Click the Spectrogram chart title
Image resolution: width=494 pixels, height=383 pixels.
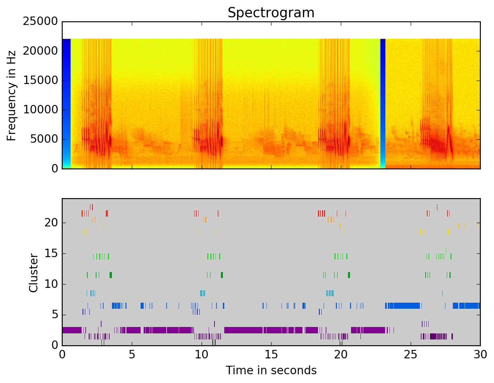coord(271,13)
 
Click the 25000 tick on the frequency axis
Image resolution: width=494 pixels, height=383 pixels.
coord(40,22)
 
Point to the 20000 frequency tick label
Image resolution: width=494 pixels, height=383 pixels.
coord(40,51)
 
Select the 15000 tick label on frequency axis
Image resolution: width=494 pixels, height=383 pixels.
coord(40,81)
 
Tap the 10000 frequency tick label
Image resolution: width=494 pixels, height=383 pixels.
coord(40,110)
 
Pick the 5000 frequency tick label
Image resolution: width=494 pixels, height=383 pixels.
coord(44,139)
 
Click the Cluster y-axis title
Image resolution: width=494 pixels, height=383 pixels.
coord(33,273)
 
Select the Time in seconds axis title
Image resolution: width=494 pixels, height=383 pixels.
coord(271,371)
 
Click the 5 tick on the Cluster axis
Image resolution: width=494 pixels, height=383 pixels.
coord(55,315)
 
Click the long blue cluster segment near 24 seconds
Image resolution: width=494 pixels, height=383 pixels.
coord(403,306)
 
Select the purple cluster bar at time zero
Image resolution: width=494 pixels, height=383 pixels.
coord(71,330)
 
